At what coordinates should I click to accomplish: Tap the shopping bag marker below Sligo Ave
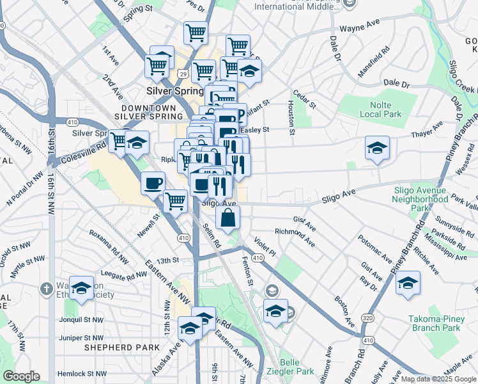pos(228,218)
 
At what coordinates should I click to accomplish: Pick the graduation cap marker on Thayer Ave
pos(377,148)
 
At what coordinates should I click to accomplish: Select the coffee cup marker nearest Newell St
pos(153,184)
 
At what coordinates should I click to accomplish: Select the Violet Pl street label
pos(265,247)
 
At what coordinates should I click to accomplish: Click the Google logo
pos(21,376)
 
